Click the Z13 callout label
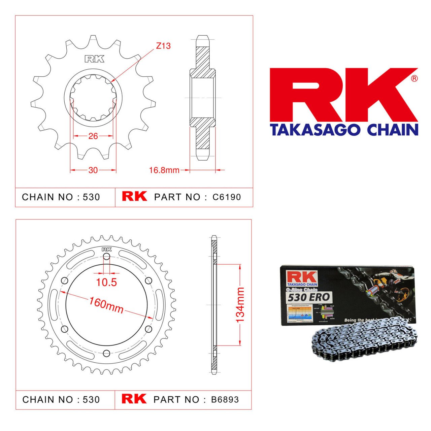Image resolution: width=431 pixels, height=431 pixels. (x=163, y=46)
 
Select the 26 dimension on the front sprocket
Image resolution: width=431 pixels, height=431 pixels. (x=93, y=136)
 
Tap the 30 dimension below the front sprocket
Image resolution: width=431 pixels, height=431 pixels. (x=93, y=170)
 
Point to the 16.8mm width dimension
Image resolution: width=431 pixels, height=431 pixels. (x=164, y=170)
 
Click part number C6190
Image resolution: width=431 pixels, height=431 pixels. (x=227, y=197)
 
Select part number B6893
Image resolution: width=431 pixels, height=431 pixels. (x=225, y=400)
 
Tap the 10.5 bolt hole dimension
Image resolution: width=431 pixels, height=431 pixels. (x=106, y=282)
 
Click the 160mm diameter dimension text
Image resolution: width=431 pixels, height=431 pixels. (x=106, y=305)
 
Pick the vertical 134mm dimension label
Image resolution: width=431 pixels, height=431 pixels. (x=240, y=305)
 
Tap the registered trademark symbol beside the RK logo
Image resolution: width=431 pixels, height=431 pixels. (x=414, y=78)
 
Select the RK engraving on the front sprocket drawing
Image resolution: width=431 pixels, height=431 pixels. (x=94, y=59)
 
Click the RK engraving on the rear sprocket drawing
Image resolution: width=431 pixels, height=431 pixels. (x=106, y=250)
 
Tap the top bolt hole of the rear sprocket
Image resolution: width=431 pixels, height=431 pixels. (x=106, y=257)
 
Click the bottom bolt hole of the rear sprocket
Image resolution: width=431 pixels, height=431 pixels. (x=106, y=353)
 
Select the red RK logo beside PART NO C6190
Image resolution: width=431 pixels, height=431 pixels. (x=134, y=197)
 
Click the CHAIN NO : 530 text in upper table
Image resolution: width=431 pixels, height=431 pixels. (x=61, y=197)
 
